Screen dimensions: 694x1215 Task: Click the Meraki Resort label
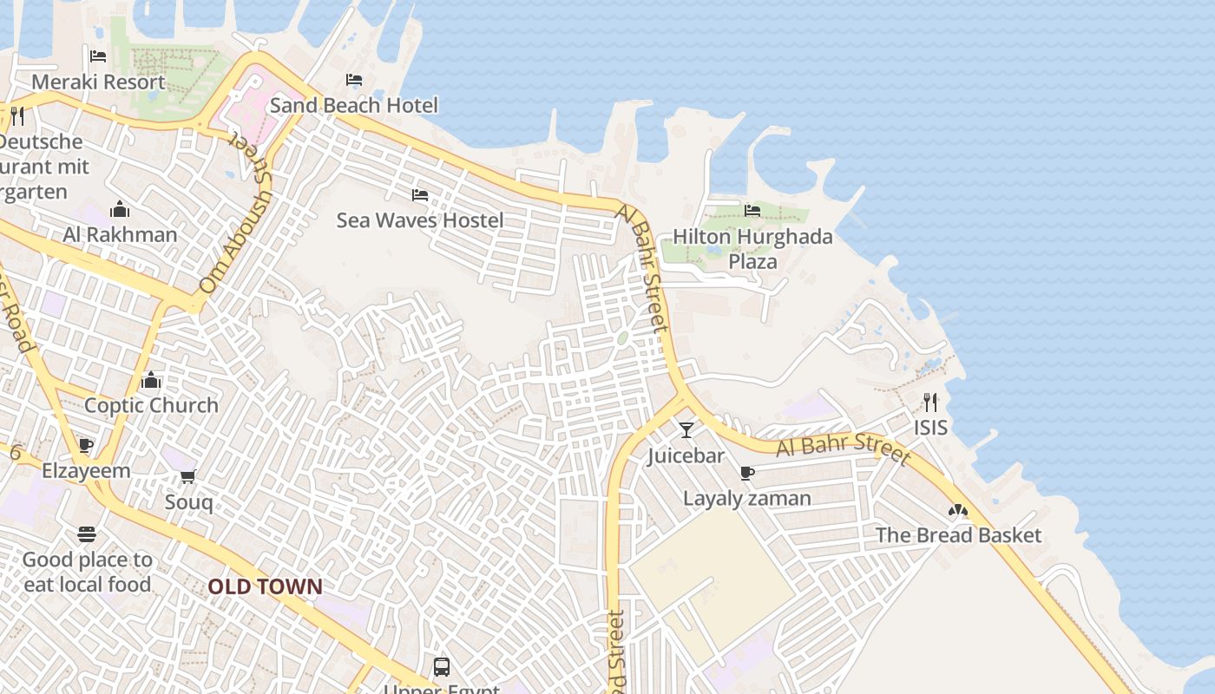98,82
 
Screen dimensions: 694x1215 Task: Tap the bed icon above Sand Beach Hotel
354,80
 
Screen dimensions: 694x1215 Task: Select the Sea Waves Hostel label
419,220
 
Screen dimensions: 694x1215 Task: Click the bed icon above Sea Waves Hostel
420,195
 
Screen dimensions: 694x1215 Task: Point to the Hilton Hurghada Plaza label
752,249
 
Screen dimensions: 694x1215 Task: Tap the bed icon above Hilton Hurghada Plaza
752,211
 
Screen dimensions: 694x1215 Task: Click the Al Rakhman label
120,234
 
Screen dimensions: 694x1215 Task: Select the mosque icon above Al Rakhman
120,210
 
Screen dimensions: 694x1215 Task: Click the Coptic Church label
151,405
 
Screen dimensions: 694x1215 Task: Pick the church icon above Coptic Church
151,381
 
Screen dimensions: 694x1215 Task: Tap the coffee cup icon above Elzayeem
86,446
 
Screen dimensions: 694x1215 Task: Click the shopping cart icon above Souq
188,476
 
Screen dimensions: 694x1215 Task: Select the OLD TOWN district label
265,587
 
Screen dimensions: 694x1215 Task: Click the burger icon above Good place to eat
87,534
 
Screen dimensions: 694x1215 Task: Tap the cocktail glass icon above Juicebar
686,430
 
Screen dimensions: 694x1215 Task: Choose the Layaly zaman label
746,499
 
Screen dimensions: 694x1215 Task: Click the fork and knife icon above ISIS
930,403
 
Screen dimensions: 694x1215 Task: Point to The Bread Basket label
958,535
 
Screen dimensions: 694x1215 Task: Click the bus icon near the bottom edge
442,667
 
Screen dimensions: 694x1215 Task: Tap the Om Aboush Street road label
235,229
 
